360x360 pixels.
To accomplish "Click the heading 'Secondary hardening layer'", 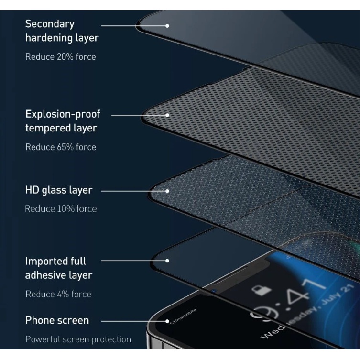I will (x=62, y=30).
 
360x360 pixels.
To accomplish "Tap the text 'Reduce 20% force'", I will (x=60, y=57).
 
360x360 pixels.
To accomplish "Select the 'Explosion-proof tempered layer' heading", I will (x=63, y=121).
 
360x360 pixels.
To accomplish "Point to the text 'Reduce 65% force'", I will (x=60, y=147).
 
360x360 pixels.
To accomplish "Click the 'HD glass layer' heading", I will (x=58, y=190).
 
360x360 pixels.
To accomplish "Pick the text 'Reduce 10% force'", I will (x=60, y=209).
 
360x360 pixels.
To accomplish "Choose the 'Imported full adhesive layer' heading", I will (x=58, y=268).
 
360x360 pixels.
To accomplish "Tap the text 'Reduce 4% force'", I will (x=58, y=294).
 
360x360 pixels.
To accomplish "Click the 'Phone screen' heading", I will (x=57, y=320).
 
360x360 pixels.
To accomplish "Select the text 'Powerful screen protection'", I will (x=77, y=339).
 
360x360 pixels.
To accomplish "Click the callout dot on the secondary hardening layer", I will (x=167, y=25).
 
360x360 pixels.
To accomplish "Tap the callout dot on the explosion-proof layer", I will (x=167, y=115).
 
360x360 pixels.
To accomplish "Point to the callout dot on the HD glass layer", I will (x=167, y=191).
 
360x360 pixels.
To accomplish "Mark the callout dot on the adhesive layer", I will (x=167, y=261).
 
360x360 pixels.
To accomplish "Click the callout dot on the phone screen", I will (x=167, y=321).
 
